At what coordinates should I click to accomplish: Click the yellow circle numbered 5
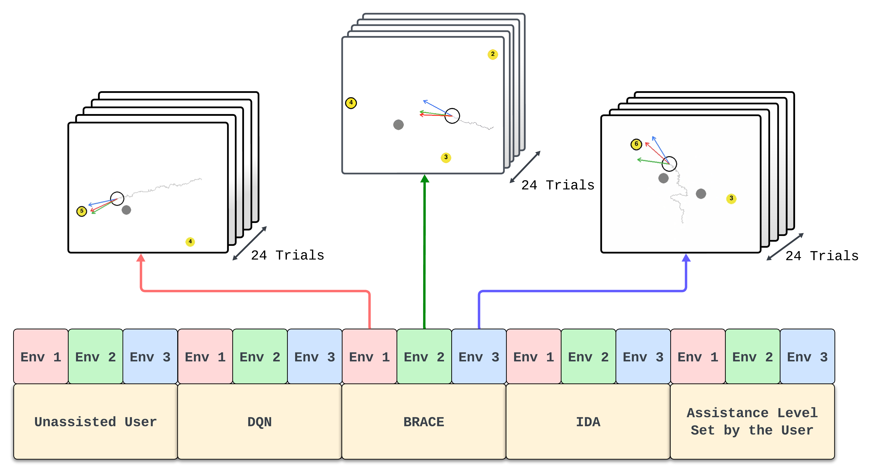click(82, 211)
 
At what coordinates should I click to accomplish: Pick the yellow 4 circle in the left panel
click(190, 242)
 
